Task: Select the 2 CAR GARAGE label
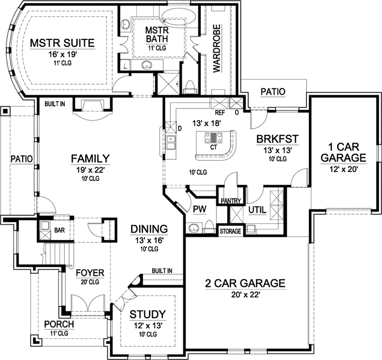[245, 284]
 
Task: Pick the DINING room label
[149, 229]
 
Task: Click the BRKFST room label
[278, 139]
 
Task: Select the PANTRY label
[231, 201]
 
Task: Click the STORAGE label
[230, 232]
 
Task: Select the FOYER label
[90, 273]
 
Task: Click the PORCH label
[58, 324]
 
